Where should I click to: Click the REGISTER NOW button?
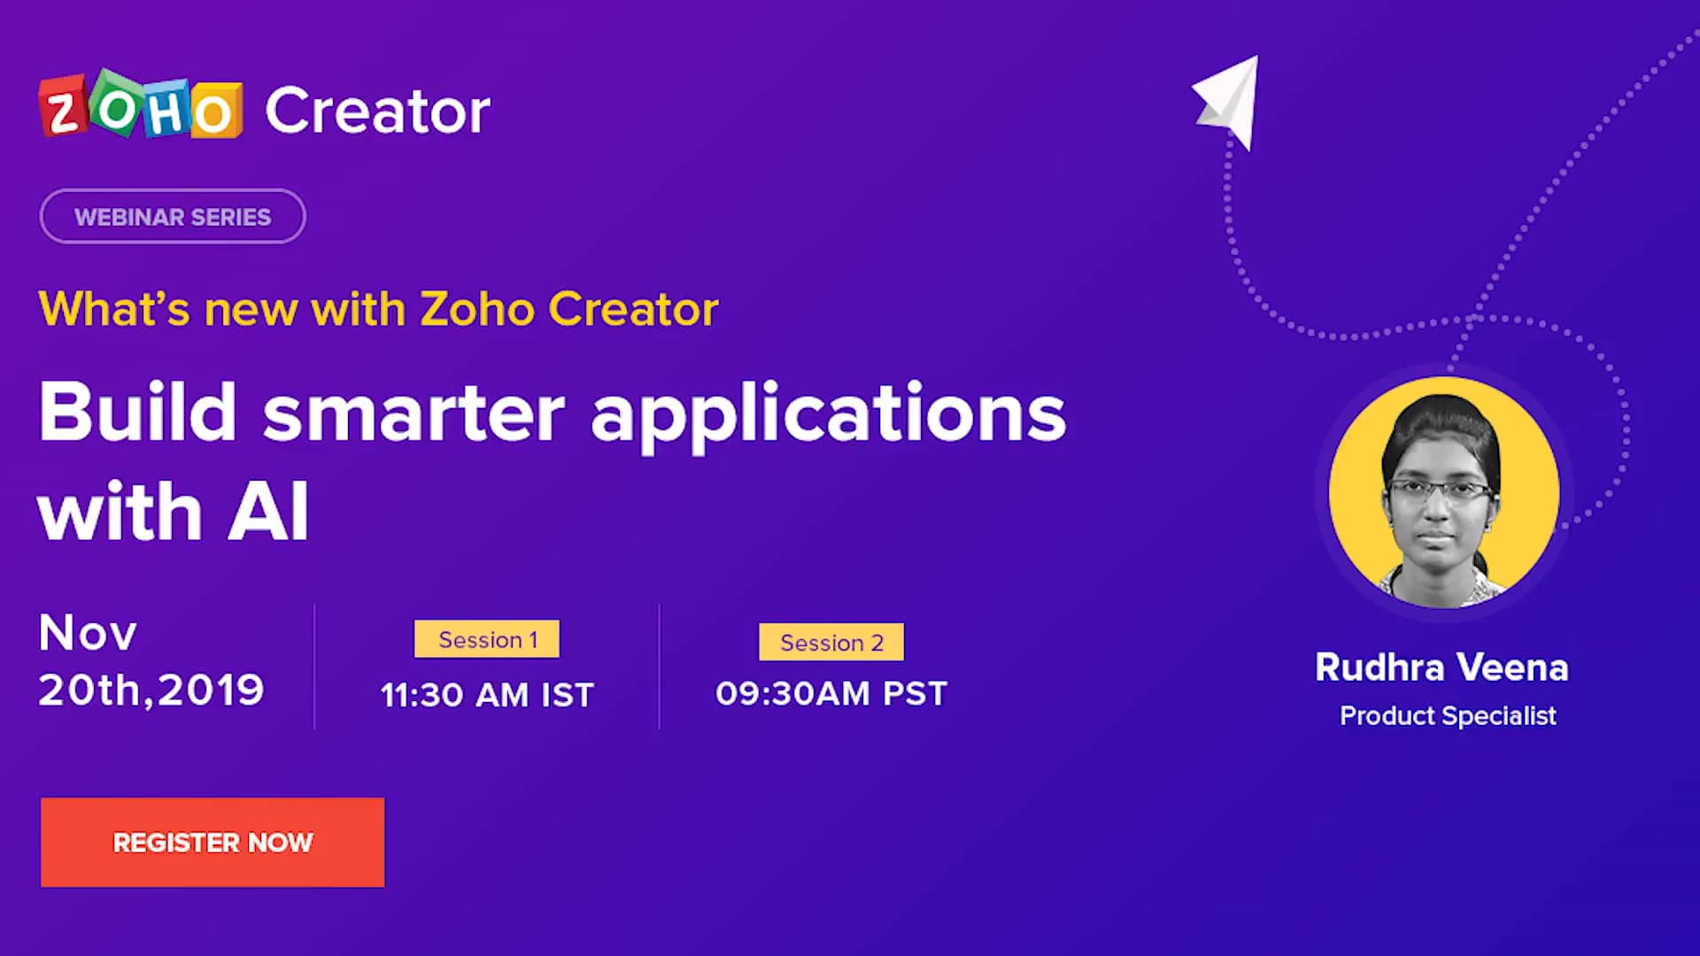[x=212, y=842]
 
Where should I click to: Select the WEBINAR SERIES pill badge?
[x=173, y=216]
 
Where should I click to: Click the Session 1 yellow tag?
[x=487, y=639]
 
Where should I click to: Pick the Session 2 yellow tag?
[x=831, y=642]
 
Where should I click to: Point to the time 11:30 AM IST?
[x=487, y=695]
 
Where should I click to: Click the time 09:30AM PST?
[x=831, y=693]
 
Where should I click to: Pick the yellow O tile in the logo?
[x=215, y=112]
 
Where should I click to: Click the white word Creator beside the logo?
[x=378, y=111]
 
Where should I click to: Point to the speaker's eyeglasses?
[x=1438, y=490]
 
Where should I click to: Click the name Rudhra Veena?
[x=1441, y=667]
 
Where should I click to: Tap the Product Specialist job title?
[x=1448, y=715]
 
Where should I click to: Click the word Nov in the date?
[x=88, y=633]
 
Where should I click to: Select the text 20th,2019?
[x=151, y=690]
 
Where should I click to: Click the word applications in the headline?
[x=829, y=414]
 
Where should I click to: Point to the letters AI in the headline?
[x=268, y=512]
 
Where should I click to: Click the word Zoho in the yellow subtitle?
[x=477, y=309]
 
